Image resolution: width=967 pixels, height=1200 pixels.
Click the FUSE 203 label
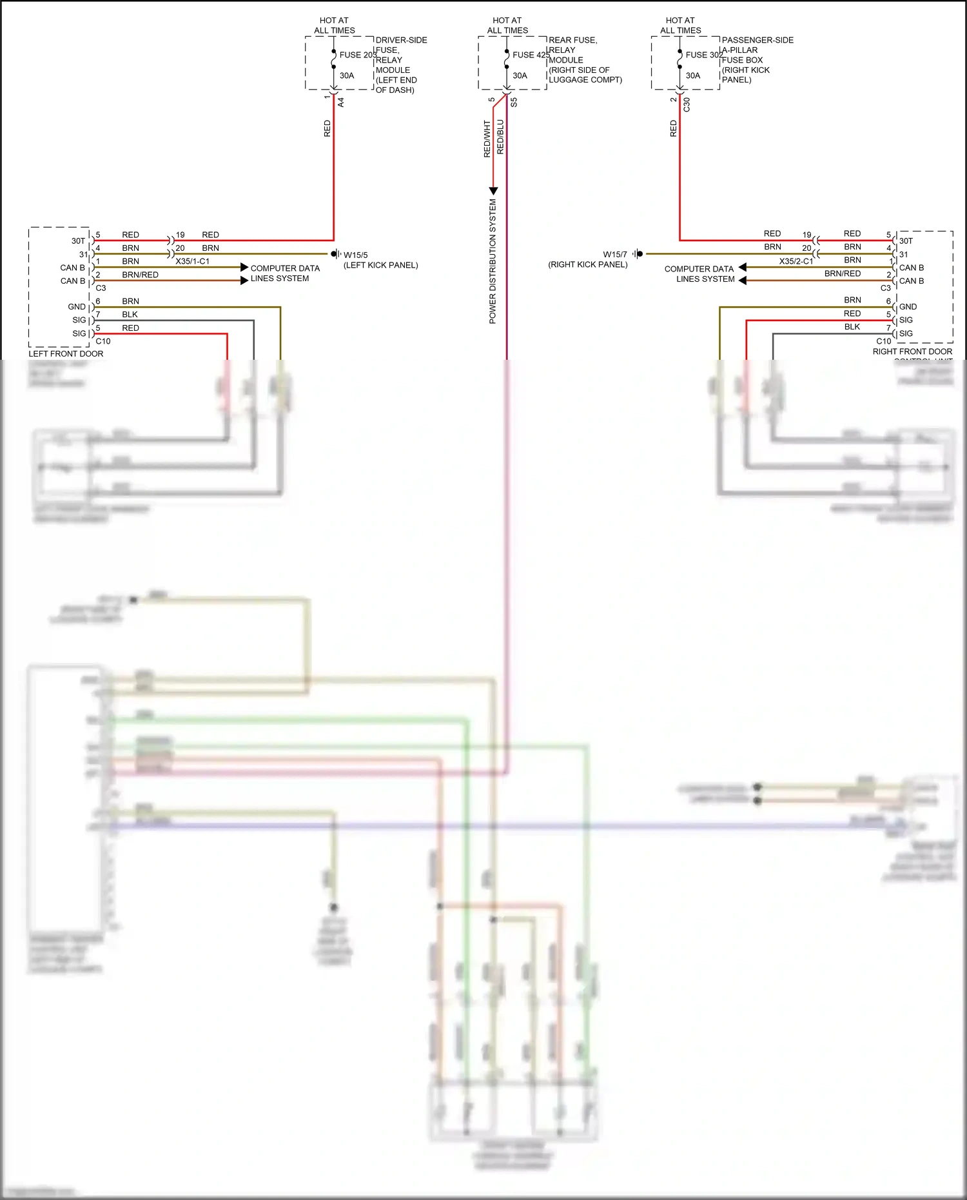[358, 55]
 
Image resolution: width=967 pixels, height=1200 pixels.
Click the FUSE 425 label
[531, 55]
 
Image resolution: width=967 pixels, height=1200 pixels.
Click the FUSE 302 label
[704, 55]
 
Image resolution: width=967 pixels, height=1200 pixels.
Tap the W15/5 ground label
[355, 255]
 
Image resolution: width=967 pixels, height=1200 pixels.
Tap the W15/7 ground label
[614, 255]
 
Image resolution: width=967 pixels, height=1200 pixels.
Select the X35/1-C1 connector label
[192, 261]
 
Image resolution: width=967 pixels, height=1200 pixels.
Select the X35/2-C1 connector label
[796, 261]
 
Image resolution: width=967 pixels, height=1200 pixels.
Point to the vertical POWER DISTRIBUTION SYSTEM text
[493, 261]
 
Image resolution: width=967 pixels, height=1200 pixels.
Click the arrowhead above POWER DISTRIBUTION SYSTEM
[493, 191]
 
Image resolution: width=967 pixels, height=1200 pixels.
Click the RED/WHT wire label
[487, 139]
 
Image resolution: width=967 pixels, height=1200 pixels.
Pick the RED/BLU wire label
[500, 137]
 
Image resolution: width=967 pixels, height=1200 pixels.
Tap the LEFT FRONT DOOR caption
[66, 353]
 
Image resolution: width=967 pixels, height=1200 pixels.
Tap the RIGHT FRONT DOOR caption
[912, 351]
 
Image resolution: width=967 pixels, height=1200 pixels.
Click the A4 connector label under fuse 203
[341, 102]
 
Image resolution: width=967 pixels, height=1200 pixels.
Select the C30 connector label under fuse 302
[687, 104]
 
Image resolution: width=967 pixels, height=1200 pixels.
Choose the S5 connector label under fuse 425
[514, 102]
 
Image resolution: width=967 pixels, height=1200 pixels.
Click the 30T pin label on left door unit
[78, 241]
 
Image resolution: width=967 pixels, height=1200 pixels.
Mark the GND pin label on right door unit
[908, 307]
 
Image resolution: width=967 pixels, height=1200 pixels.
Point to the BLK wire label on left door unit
[130, 315]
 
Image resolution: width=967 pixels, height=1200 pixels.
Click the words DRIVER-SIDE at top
[401, 40]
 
